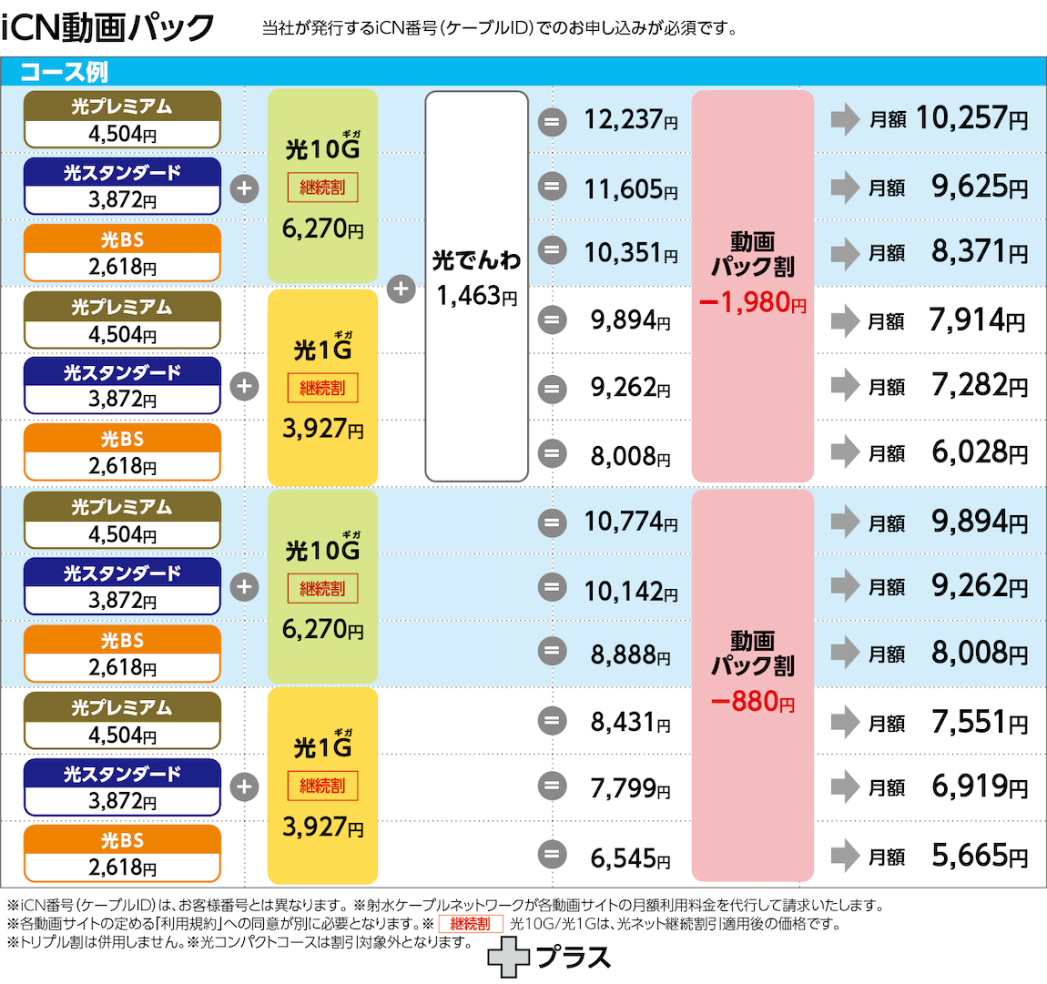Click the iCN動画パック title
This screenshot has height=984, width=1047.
(x=107, y=27)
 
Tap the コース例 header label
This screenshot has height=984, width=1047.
(x=64, y=72)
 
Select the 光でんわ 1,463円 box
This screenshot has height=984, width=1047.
(x=476, y=286)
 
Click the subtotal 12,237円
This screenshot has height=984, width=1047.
(x=630, y=119)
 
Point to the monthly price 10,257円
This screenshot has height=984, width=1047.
(x=971, y=118)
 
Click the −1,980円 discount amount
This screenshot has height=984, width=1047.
(x=752, y=302)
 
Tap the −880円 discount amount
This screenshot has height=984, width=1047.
(x=752, y=702)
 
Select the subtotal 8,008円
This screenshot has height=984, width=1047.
(x=630, y=455)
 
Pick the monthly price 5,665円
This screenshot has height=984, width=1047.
(x=979, y=856)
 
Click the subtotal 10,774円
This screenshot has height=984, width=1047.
(x=630, y=522)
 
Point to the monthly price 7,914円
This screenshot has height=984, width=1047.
(x=977, y=320)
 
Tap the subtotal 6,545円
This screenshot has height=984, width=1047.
(x=630, y=857)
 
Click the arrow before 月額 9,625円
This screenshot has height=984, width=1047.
(x=845, y=188)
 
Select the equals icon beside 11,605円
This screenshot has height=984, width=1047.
(x=552, y=188)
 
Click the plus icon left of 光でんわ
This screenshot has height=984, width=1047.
(x=401, y=289)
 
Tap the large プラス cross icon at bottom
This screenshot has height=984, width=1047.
(x=508, y=959)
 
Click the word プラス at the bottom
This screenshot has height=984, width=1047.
(x=574, y=958)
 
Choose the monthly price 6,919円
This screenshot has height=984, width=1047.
(x=979, y=786)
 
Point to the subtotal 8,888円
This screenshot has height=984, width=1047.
(x=630, y=654)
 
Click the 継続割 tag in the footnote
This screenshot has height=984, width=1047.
(x=470, y=924)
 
